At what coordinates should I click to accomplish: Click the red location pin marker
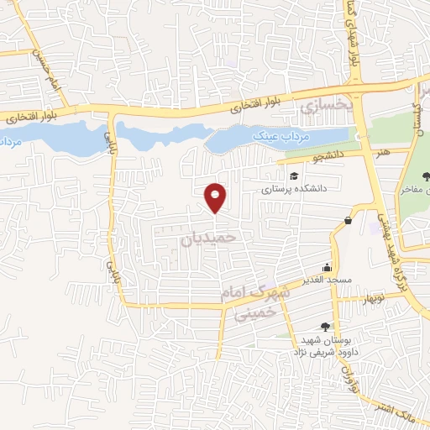point(216,197)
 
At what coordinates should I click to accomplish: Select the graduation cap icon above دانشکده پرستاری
point(294,175)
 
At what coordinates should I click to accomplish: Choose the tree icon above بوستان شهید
point(325,327)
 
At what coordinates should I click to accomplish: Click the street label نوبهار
point(372,297)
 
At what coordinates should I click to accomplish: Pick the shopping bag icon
point(347,220)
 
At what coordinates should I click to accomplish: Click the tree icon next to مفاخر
point(425,176)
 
